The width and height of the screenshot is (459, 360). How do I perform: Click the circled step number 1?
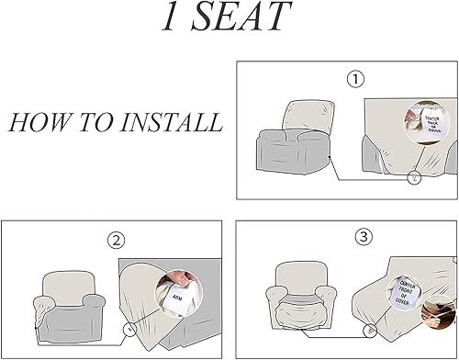[x=356, y=79]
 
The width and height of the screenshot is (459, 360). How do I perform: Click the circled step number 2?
[x=116, y=242]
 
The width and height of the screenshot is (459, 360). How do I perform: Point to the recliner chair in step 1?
[x=286, y=143]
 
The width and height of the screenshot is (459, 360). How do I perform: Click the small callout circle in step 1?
[x=414, y=178]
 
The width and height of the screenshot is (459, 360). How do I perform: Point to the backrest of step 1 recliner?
[x=288, y=117]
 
